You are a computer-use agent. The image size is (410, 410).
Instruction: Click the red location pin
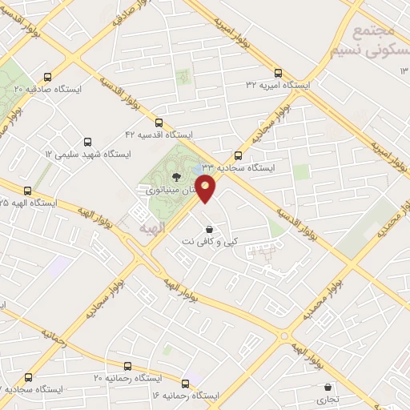click(206, 189)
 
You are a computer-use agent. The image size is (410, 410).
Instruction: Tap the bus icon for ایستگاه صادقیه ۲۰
click(47, 78)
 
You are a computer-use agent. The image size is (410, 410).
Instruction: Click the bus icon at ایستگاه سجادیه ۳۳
click(237, 155)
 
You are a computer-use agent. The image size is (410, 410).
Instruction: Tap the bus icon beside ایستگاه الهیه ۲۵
click(28, 191)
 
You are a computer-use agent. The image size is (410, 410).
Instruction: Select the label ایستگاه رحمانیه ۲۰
click(128, 376)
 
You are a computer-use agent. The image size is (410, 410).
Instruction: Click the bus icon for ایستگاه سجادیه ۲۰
click(29, 376)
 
